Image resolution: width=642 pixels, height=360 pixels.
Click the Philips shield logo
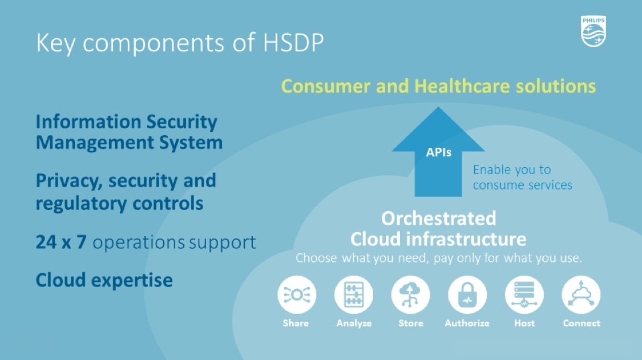coord(593,31)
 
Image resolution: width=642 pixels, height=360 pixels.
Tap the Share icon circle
coord(297,295)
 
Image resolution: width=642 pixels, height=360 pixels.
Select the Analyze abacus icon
coord(354,295)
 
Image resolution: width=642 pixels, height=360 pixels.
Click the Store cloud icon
coord(411,295)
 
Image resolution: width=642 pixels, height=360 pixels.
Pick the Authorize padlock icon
coord(467,295)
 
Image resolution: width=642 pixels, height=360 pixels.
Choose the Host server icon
coord(524,295)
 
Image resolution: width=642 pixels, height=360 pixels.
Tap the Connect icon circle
coord(582,295)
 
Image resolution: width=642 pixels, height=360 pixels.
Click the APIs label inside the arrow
coord(438,152)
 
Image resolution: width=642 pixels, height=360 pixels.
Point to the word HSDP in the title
coord(293,42)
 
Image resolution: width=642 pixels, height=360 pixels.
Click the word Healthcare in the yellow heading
coord(462,86)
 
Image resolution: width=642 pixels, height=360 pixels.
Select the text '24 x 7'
coord(61,242)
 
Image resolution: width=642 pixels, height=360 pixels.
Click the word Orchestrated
coord(438,219)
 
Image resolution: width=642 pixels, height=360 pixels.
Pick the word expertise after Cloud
coord(132,281)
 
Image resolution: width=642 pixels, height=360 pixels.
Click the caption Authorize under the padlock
coord(467,323)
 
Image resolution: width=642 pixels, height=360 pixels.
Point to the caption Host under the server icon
coord(524,323)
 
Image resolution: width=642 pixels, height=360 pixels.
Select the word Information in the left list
coord(88,122)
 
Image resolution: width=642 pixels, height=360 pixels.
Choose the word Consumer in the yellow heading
coord(326,86)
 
